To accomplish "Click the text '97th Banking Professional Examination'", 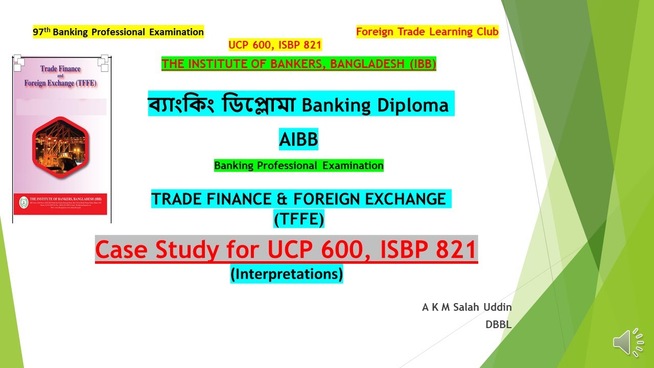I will click(118, 32).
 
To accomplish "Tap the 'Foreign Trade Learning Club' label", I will click(427, 32).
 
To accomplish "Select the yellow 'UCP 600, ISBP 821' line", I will click(275, 45).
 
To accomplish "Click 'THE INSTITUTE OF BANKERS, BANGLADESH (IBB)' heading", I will click(298, 64).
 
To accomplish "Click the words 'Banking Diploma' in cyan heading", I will click(375, 105).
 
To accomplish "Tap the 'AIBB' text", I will click(298, 139).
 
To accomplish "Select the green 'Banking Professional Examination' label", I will click(298, 166).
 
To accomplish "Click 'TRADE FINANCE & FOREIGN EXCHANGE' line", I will click(298, 199).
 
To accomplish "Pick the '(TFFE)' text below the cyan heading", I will click(298, 219).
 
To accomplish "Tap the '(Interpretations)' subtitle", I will click(286, 274).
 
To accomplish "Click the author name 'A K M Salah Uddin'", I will click(466, 307).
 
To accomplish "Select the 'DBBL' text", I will click(498, 324).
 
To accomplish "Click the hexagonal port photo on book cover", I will click(60, 147).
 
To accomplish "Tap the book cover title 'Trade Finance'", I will click(60, 68).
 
